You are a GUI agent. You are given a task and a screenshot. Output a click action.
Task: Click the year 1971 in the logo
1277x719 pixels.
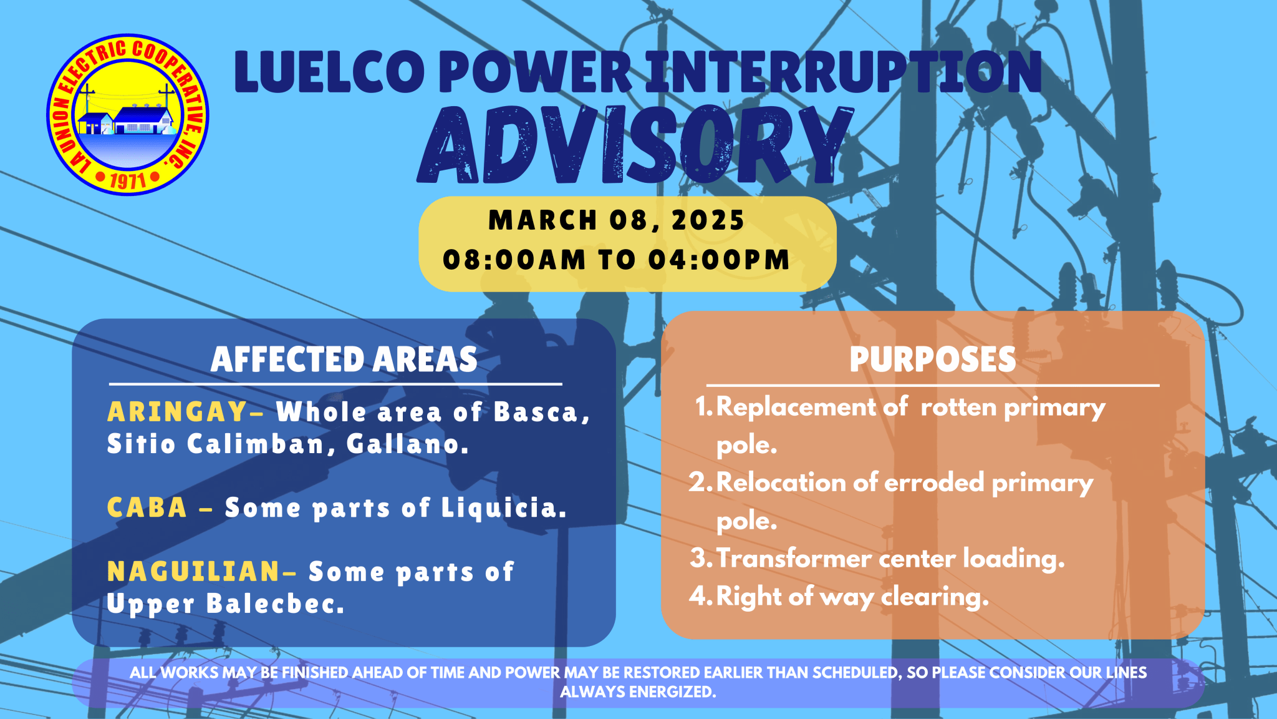128,180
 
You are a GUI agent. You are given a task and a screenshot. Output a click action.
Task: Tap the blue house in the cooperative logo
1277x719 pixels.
142,120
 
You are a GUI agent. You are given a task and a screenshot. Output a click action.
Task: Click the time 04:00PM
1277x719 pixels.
719,260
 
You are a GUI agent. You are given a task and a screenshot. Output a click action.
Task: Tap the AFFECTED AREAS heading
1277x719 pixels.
344,359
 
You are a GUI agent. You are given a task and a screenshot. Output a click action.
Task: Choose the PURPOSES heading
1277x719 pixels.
932,359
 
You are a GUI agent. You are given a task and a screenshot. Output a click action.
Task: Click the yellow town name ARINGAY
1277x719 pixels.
178,412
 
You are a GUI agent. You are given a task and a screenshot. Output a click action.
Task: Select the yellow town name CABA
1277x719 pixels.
147,508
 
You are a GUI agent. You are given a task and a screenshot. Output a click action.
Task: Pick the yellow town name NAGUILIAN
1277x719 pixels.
193,572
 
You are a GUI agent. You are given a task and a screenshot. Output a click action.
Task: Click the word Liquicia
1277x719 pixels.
504,508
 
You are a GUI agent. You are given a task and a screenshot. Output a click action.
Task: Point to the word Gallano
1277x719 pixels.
407,444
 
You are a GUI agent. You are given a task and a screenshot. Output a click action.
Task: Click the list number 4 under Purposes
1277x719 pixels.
698,596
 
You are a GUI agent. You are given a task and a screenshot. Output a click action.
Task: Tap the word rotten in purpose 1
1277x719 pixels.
958,408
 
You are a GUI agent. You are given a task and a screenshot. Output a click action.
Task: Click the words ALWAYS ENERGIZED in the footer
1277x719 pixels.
638,692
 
